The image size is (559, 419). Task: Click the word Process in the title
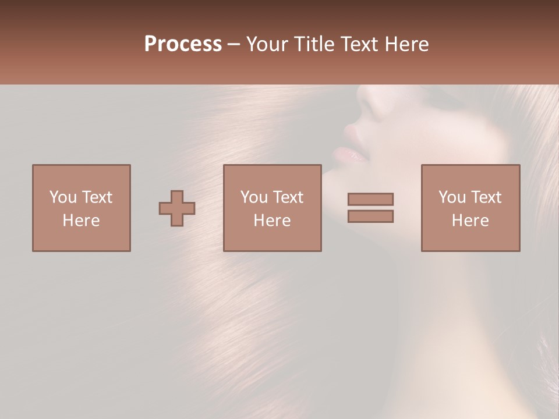coord(183,44)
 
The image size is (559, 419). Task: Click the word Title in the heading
coord(313,44)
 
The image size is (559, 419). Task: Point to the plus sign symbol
coord(177,208)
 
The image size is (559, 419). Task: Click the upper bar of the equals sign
coord(370,199)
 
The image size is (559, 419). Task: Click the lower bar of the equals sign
coord(370,216)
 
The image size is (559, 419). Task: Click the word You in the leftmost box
coord(63,197)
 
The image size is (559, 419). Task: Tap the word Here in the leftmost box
coord(82,221)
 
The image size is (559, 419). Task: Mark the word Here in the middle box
coord(273,221)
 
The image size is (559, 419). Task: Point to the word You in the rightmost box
coord(452,197)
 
